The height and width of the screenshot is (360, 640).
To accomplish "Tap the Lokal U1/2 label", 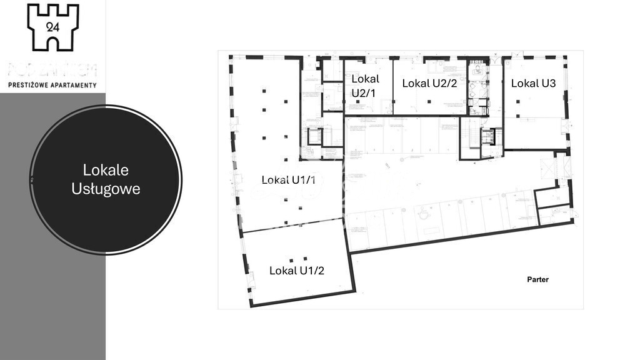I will tap(296, 271).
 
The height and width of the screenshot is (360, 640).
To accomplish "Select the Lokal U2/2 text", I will tap(429, 83).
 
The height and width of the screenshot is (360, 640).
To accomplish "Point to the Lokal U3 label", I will tap(533, 83).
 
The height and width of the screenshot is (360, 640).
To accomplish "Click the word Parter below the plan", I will tap(537, 279).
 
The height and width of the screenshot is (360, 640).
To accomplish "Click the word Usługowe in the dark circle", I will tap(105, 189).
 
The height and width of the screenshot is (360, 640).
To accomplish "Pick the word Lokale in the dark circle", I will tap(105, 170).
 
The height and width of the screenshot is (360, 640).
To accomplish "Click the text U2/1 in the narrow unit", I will tap(363, 93).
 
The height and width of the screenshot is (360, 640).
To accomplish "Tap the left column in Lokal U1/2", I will tap(290, 259).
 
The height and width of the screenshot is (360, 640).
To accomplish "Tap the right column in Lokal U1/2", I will tap(305, 259).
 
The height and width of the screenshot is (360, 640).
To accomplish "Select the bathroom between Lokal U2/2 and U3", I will tap(478, 87).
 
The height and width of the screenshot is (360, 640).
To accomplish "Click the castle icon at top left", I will tap(53, 27).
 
